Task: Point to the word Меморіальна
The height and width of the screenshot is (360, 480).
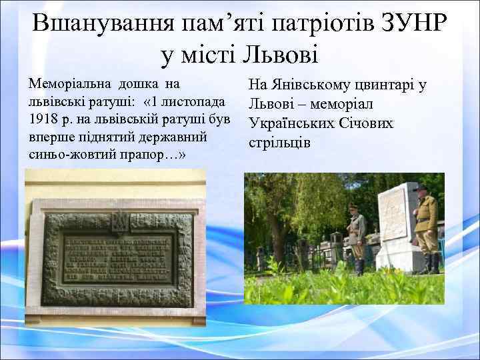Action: pyautogui.click(x=71, y=85)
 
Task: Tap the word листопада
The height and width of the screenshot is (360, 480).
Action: pyautogui.click(x=193, y=102)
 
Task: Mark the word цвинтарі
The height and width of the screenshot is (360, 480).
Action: pyautogui.click(x=391, y=85)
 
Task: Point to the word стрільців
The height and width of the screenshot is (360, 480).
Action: pyautogui.click(x=280, y=143)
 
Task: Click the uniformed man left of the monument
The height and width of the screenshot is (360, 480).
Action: pyautogui.click(x=356, y=237)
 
